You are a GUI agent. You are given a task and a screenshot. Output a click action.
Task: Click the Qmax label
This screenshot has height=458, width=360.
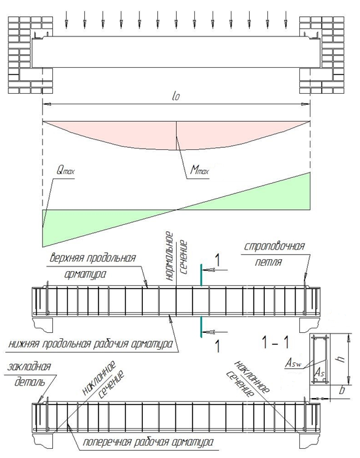pos(65,170)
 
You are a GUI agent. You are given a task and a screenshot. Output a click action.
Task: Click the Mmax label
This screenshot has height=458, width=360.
pos(200,169)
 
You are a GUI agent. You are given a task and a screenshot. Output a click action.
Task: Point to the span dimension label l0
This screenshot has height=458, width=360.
pos(175,96)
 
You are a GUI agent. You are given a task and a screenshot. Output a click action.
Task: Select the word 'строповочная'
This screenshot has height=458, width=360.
pos(274,246)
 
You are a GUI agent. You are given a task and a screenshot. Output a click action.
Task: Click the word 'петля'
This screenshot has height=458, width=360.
pos(268,262)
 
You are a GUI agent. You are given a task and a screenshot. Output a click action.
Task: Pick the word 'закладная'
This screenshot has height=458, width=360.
pos(29,367)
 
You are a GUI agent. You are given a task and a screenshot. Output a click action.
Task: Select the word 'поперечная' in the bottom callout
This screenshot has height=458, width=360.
pos(106,442)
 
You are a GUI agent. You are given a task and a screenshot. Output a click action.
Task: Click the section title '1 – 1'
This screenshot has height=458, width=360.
pos(275,342)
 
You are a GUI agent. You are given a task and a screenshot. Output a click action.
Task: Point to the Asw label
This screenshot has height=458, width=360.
pos(293,364)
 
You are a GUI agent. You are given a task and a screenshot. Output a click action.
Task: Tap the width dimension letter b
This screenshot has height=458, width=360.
pos(342,390)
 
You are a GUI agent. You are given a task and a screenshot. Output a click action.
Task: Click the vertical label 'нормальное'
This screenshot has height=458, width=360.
pos(170,257)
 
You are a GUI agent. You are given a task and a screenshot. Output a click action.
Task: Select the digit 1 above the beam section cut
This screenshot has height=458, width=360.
pos(217,260)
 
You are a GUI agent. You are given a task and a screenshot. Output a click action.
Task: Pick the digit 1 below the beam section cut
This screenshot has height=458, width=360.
pos(217,346)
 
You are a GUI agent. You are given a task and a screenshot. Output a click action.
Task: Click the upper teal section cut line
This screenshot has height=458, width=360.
pos(201,275)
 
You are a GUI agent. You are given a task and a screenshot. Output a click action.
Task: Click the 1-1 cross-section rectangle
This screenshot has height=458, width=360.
pos(320,359)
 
